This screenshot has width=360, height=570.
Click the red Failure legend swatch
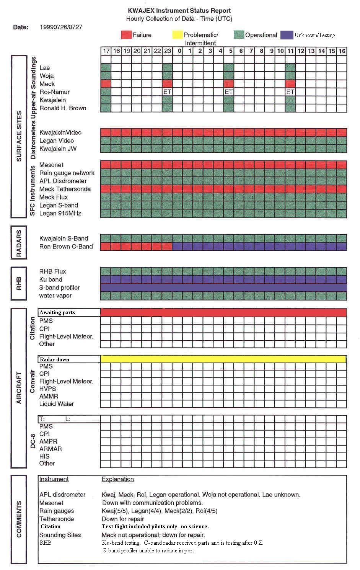126,35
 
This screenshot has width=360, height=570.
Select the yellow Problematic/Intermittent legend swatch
178,35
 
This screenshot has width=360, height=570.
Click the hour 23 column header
167,51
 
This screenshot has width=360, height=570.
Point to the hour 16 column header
342,51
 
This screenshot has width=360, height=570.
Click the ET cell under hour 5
228,92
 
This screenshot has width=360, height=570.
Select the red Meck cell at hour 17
106,84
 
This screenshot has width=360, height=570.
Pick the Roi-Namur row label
54,92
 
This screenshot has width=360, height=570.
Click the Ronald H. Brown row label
63,108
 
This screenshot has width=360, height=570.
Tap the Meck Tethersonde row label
65,189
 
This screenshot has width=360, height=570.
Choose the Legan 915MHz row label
60,213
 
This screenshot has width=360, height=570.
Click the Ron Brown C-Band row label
66,247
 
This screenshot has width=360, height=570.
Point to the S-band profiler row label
59,287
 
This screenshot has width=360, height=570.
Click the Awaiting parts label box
69,313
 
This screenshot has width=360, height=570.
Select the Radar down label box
69,359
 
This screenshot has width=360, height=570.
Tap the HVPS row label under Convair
47,389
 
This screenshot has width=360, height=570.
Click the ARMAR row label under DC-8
50,449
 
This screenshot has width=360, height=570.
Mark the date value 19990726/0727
61,27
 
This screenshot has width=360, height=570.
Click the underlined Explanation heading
117,479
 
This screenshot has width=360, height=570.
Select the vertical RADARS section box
19,243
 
